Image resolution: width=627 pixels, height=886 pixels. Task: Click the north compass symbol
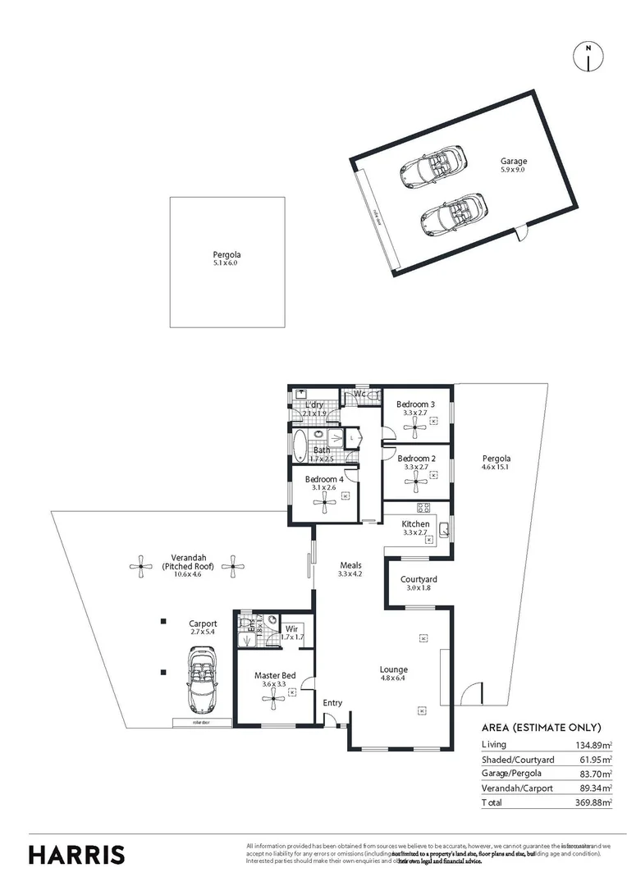(588, 55)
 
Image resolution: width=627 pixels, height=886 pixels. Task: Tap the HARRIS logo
(77, 853)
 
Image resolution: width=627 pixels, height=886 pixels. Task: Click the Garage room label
(514, 162)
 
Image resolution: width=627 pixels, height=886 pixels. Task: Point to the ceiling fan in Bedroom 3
(416, 424)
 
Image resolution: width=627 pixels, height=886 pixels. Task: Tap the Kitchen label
(415, 524)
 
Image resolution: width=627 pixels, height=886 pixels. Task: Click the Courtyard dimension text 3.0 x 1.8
(419, 587)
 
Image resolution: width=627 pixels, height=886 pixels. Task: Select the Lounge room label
(394, 669)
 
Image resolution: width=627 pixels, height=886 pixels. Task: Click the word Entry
(332, 702)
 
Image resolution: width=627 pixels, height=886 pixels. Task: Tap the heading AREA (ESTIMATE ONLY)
(541, 728)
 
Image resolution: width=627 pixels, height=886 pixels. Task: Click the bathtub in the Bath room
(300, 446)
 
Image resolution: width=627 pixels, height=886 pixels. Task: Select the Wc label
(359, 395)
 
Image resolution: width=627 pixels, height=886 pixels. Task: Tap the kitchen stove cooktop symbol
(423, 508)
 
